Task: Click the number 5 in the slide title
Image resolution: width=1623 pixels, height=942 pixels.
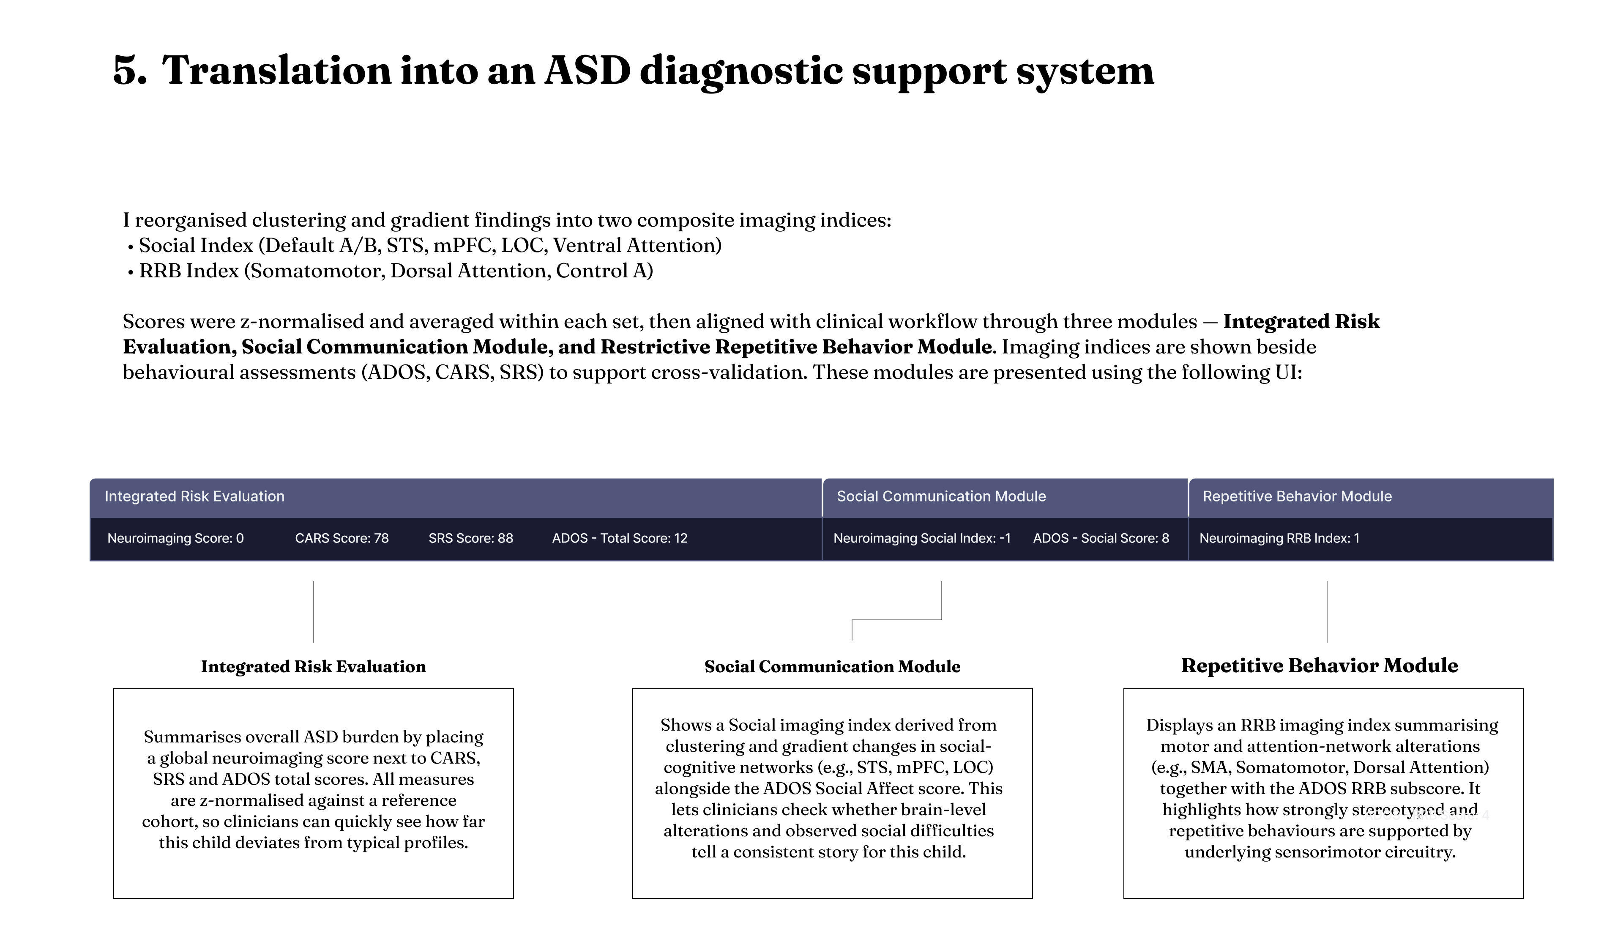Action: click(129, 71)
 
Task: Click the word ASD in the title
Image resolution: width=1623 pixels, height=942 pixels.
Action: click(587, 71)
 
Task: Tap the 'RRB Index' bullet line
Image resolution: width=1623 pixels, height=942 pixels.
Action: click(396, 271)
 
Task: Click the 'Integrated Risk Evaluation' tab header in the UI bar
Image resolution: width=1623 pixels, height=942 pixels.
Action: click(194, 496)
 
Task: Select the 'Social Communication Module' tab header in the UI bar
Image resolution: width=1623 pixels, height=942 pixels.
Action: click(941, 496)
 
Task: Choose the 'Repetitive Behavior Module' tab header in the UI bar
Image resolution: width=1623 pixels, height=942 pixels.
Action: click(1297, 496)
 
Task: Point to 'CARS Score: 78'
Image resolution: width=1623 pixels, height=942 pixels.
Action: click(342, 538)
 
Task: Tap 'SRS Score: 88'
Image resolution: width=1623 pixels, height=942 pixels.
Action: click(471, 538)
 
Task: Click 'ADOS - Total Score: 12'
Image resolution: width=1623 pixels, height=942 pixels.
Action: click(620, 538)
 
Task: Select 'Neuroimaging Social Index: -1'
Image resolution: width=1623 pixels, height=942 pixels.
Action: click(922, 538)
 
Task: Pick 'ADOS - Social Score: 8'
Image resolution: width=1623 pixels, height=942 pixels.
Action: click(1101, 538)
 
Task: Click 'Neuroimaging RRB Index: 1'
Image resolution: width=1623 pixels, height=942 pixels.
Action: click(1279, 538)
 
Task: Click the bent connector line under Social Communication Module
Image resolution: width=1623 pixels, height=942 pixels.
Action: click(896, 620)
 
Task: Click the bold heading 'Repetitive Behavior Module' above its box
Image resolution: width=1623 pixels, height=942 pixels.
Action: click(1319, 665)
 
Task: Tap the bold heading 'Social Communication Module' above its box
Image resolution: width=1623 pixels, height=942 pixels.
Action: click(832, 666)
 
